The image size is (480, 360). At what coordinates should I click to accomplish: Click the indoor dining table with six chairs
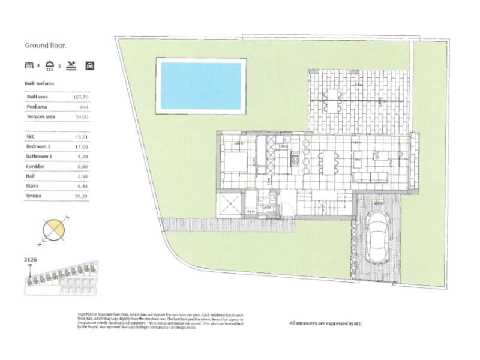tap(328, 161)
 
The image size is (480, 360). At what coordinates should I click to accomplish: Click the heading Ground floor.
tap(45, 45)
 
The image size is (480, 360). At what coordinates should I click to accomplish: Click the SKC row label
tap(31, 137)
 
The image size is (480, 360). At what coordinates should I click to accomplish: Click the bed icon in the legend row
tap(29, 64)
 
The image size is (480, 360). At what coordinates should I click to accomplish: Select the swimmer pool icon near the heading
tap(72, 64)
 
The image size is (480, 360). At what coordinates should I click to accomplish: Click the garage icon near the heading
tap(90, 64)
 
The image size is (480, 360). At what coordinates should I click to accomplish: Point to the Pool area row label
tap(38, 106)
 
